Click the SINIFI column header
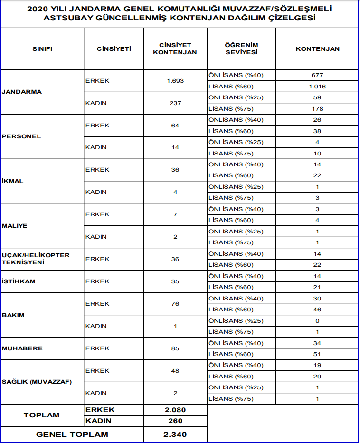click(42, 48)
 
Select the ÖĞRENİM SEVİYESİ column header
click(241, 48)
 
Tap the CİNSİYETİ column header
click(114, 48)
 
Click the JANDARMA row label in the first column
click(22, 92)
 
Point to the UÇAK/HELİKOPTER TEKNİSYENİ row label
click(36, 259)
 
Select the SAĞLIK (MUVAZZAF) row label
click(37, 382)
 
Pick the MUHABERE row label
click(22, 348)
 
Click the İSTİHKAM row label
click(19, 281)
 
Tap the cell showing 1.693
click(175, 81)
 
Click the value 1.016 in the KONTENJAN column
click(317, 87)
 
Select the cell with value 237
click(175, 103)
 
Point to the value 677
click(317, 75)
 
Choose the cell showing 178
click(317, 109)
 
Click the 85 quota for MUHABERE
click(175, 348)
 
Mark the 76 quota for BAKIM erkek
click(175, 304)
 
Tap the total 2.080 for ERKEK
click(175, 410)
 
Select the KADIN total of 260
click(175, 421)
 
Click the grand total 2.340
click(175, 434)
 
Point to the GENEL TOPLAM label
click(72, 434)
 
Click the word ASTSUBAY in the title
click(64, 18)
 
